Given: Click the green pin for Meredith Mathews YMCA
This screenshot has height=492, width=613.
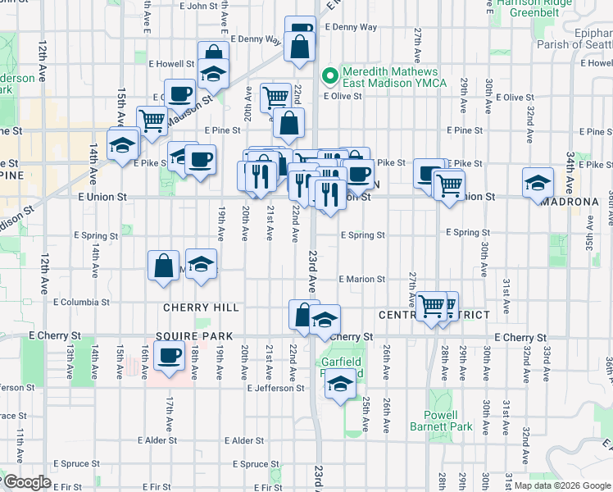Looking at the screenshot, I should tap(331, 77).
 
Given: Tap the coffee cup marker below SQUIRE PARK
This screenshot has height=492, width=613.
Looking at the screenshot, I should tap(170, 358).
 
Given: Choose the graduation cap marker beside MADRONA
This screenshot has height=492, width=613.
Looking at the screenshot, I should tap(537, 182).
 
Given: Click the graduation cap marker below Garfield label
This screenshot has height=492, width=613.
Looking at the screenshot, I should tap(341, 384).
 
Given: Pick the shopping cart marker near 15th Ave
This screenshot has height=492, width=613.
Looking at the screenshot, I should tap(152, 121).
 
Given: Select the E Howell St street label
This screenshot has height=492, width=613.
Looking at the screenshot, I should tap(171, 63).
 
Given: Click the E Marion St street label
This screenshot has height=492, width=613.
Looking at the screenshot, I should tap(361, 280).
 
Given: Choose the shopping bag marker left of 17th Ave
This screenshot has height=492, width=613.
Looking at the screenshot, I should tap(163, 266).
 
